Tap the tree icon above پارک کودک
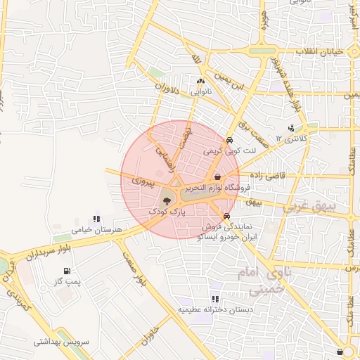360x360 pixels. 167,201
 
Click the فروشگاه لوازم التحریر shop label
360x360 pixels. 218,188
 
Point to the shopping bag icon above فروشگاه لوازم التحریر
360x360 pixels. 217,177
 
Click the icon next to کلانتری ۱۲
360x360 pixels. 291,128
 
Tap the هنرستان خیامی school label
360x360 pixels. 97,229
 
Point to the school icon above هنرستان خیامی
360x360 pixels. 96,219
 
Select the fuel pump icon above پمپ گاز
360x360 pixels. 67,271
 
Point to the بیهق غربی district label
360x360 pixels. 309,207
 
